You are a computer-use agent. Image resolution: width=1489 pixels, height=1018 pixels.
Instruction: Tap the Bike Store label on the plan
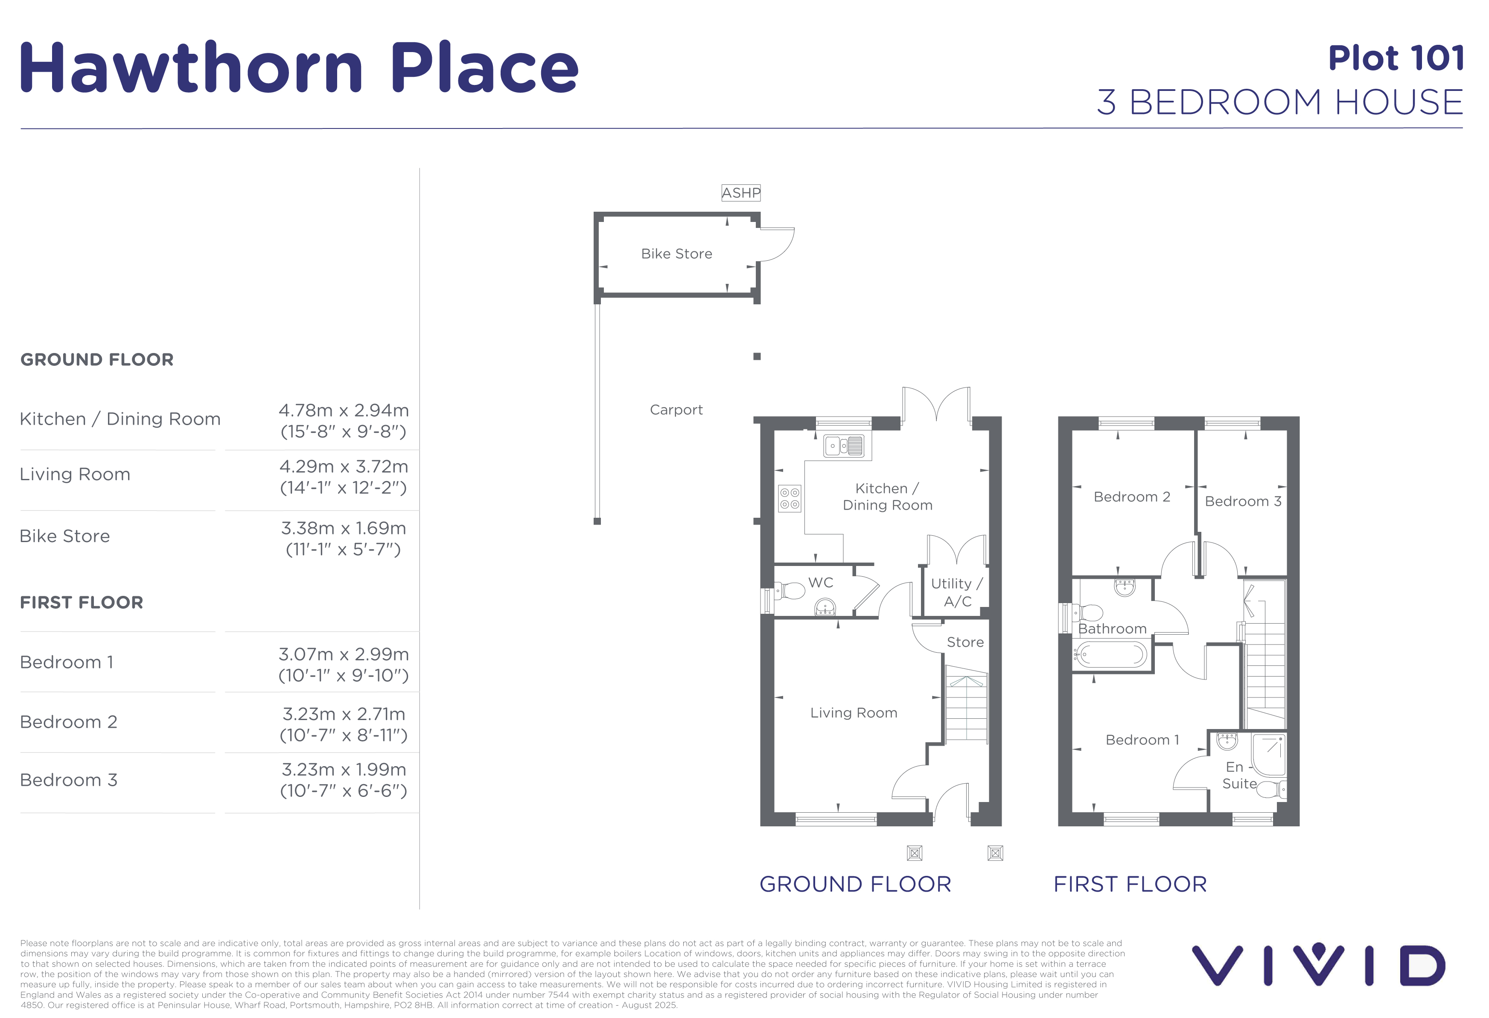[676, 254]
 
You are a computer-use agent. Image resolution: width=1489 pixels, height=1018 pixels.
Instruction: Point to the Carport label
[676, 409]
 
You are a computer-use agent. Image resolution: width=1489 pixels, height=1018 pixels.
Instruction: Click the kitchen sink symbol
[844, 445]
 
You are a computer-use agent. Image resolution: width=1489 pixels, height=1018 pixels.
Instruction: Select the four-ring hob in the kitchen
[790, 499]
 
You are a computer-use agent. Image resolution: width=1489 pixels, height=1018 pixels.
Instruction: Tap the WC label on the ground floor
[821, 582]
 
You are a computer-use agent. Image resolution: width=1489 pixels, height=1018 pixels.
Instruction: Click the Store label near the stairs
[965, 642]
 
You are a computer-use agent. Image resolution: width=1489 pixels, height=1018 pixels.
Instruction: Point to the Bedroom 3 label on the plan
[1243, 501]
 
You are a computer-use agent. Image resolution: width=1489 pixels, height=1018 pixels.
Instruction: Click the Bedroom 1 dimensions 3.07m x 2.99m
[344, 654]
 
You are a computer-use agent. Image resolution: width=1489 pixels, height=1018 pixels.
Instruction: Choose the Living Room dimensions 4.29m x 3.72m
[344, 467]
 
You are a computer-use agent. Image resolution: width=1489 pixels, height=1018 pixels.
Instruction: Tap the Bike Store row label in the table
[65, 536]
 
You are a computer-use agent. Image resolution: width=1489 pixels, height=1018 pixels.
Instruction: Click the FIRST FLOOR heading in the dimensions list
[82, 602]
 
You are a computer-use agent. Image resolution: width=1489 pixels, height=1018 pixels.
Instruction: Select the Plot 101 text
[1396, 58]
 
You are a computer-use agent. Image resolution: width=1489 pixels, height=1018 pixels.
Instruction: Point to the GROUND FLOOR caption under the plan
[855, 884]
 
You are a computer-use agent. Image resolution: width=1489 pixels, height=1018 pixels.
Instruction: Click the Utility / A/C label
[956, 592]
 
